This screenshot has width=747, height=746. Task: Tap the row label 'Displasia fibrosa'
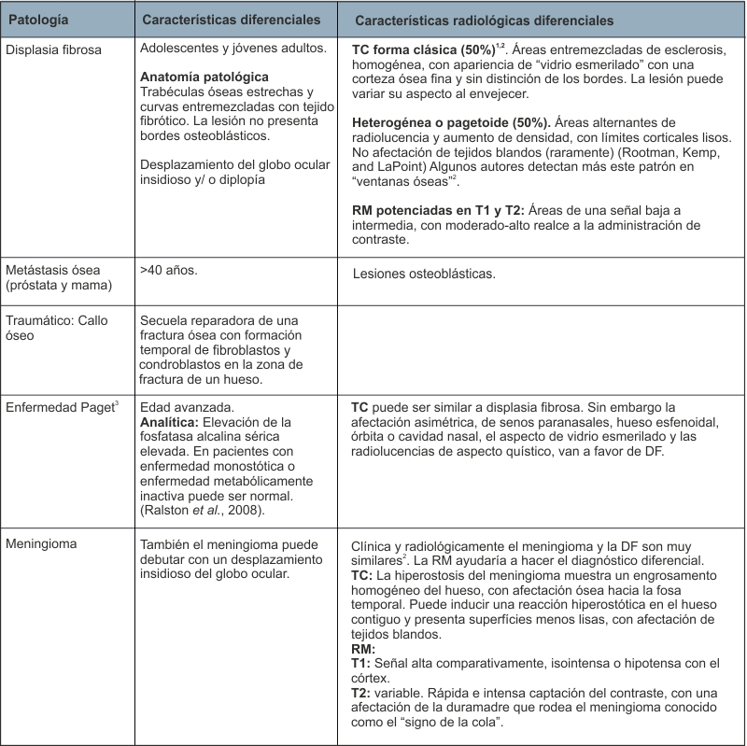(x=54, y=48)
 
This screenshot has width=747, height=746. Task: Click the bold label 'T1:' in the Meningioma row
(x=360, y=663)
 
